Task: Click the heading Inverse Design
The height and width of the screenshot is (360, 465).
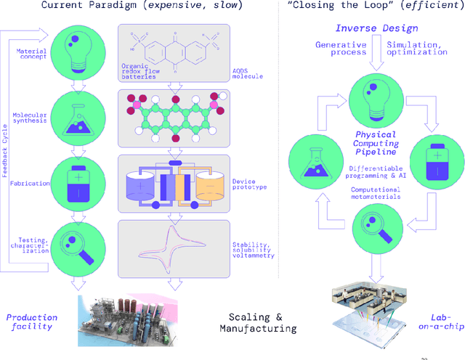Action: (x=366, y=28)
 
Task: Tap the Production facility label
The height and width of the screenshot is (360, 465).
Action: (x=31, y=322)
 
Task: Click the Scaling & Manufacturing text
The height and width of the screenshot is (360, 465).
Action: (x=258, y=322)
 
